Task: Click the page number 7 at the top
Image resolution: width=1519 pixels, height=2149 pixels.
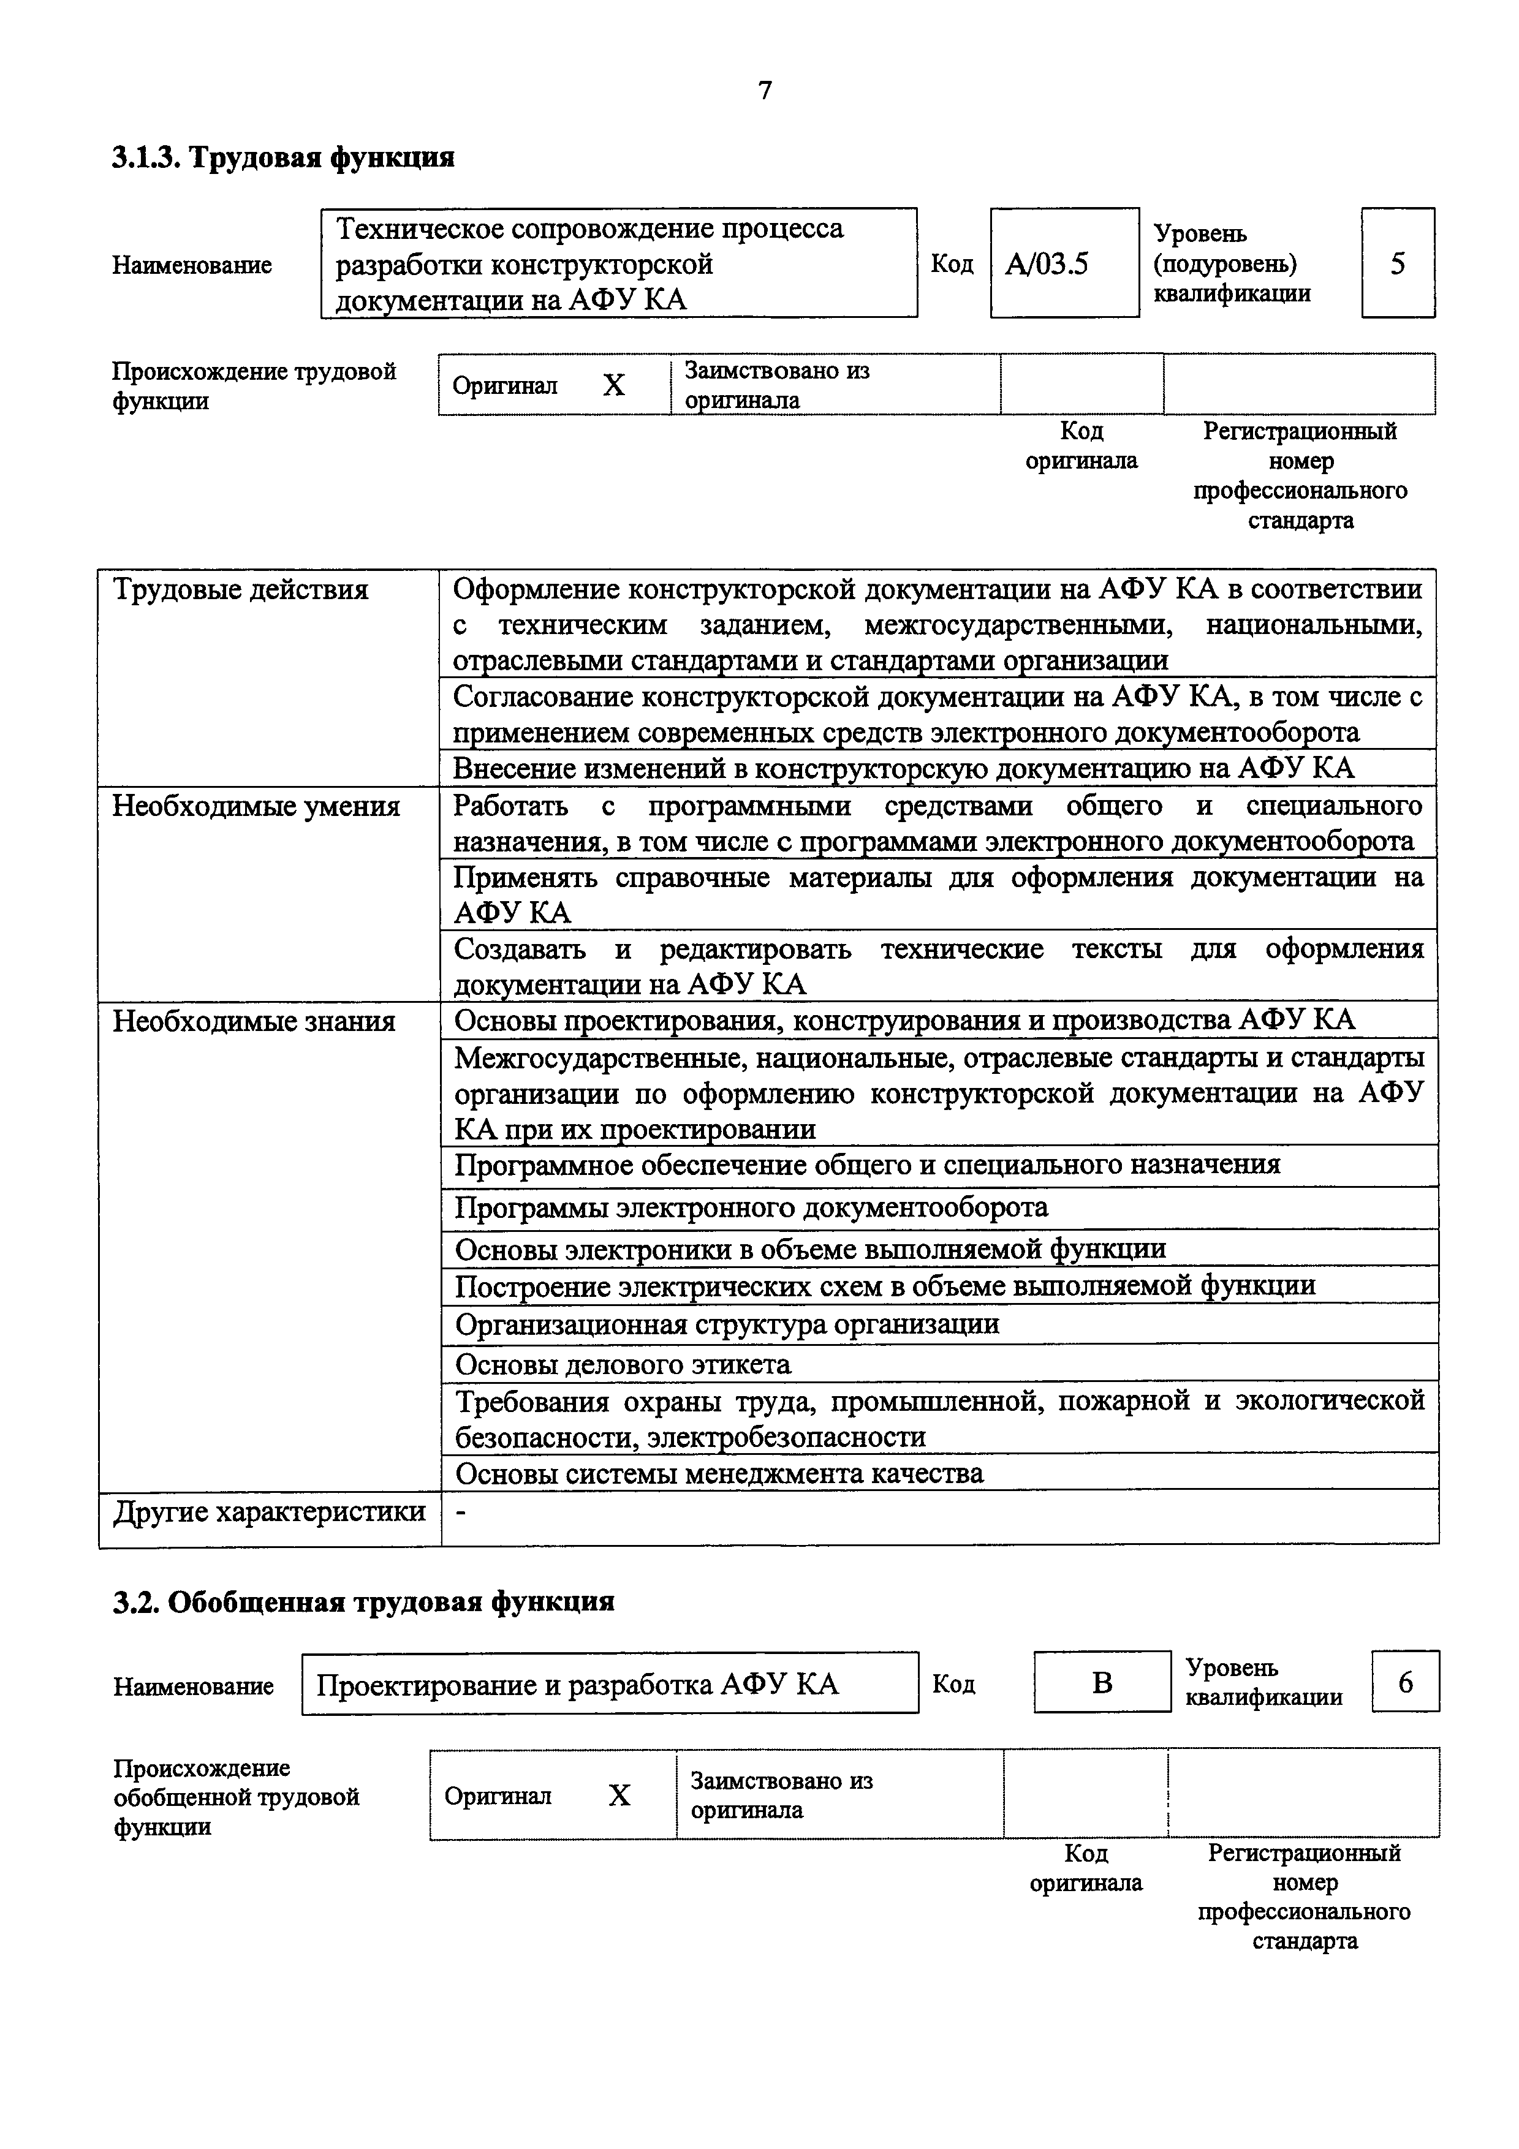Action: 765,91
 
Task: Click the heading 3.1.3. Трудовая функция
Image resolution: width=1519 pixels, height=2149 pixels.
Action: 282,156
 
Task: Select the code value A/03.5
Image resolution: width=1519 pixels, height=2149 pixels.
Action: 1047,264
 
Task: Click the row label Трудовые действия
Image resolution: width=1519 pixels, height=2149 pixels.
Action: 241,590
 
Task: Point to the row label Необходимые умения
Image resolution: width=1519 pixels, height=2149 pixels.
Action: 256,806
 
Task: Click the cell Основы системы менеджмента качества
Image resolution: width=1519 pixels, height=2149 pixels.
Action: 719,1473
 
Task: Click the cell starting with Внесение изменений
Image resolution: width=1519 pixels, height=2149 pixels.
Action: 903,768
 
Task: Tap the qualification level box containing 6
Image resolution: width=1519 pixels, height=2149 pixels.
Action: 1405,1682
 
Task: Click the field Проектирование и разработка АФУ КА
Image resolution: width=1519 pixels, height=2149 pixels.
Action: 577,1685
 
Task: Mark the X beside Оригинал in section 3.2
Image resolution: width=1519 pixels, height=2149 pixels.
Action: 619,1795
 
